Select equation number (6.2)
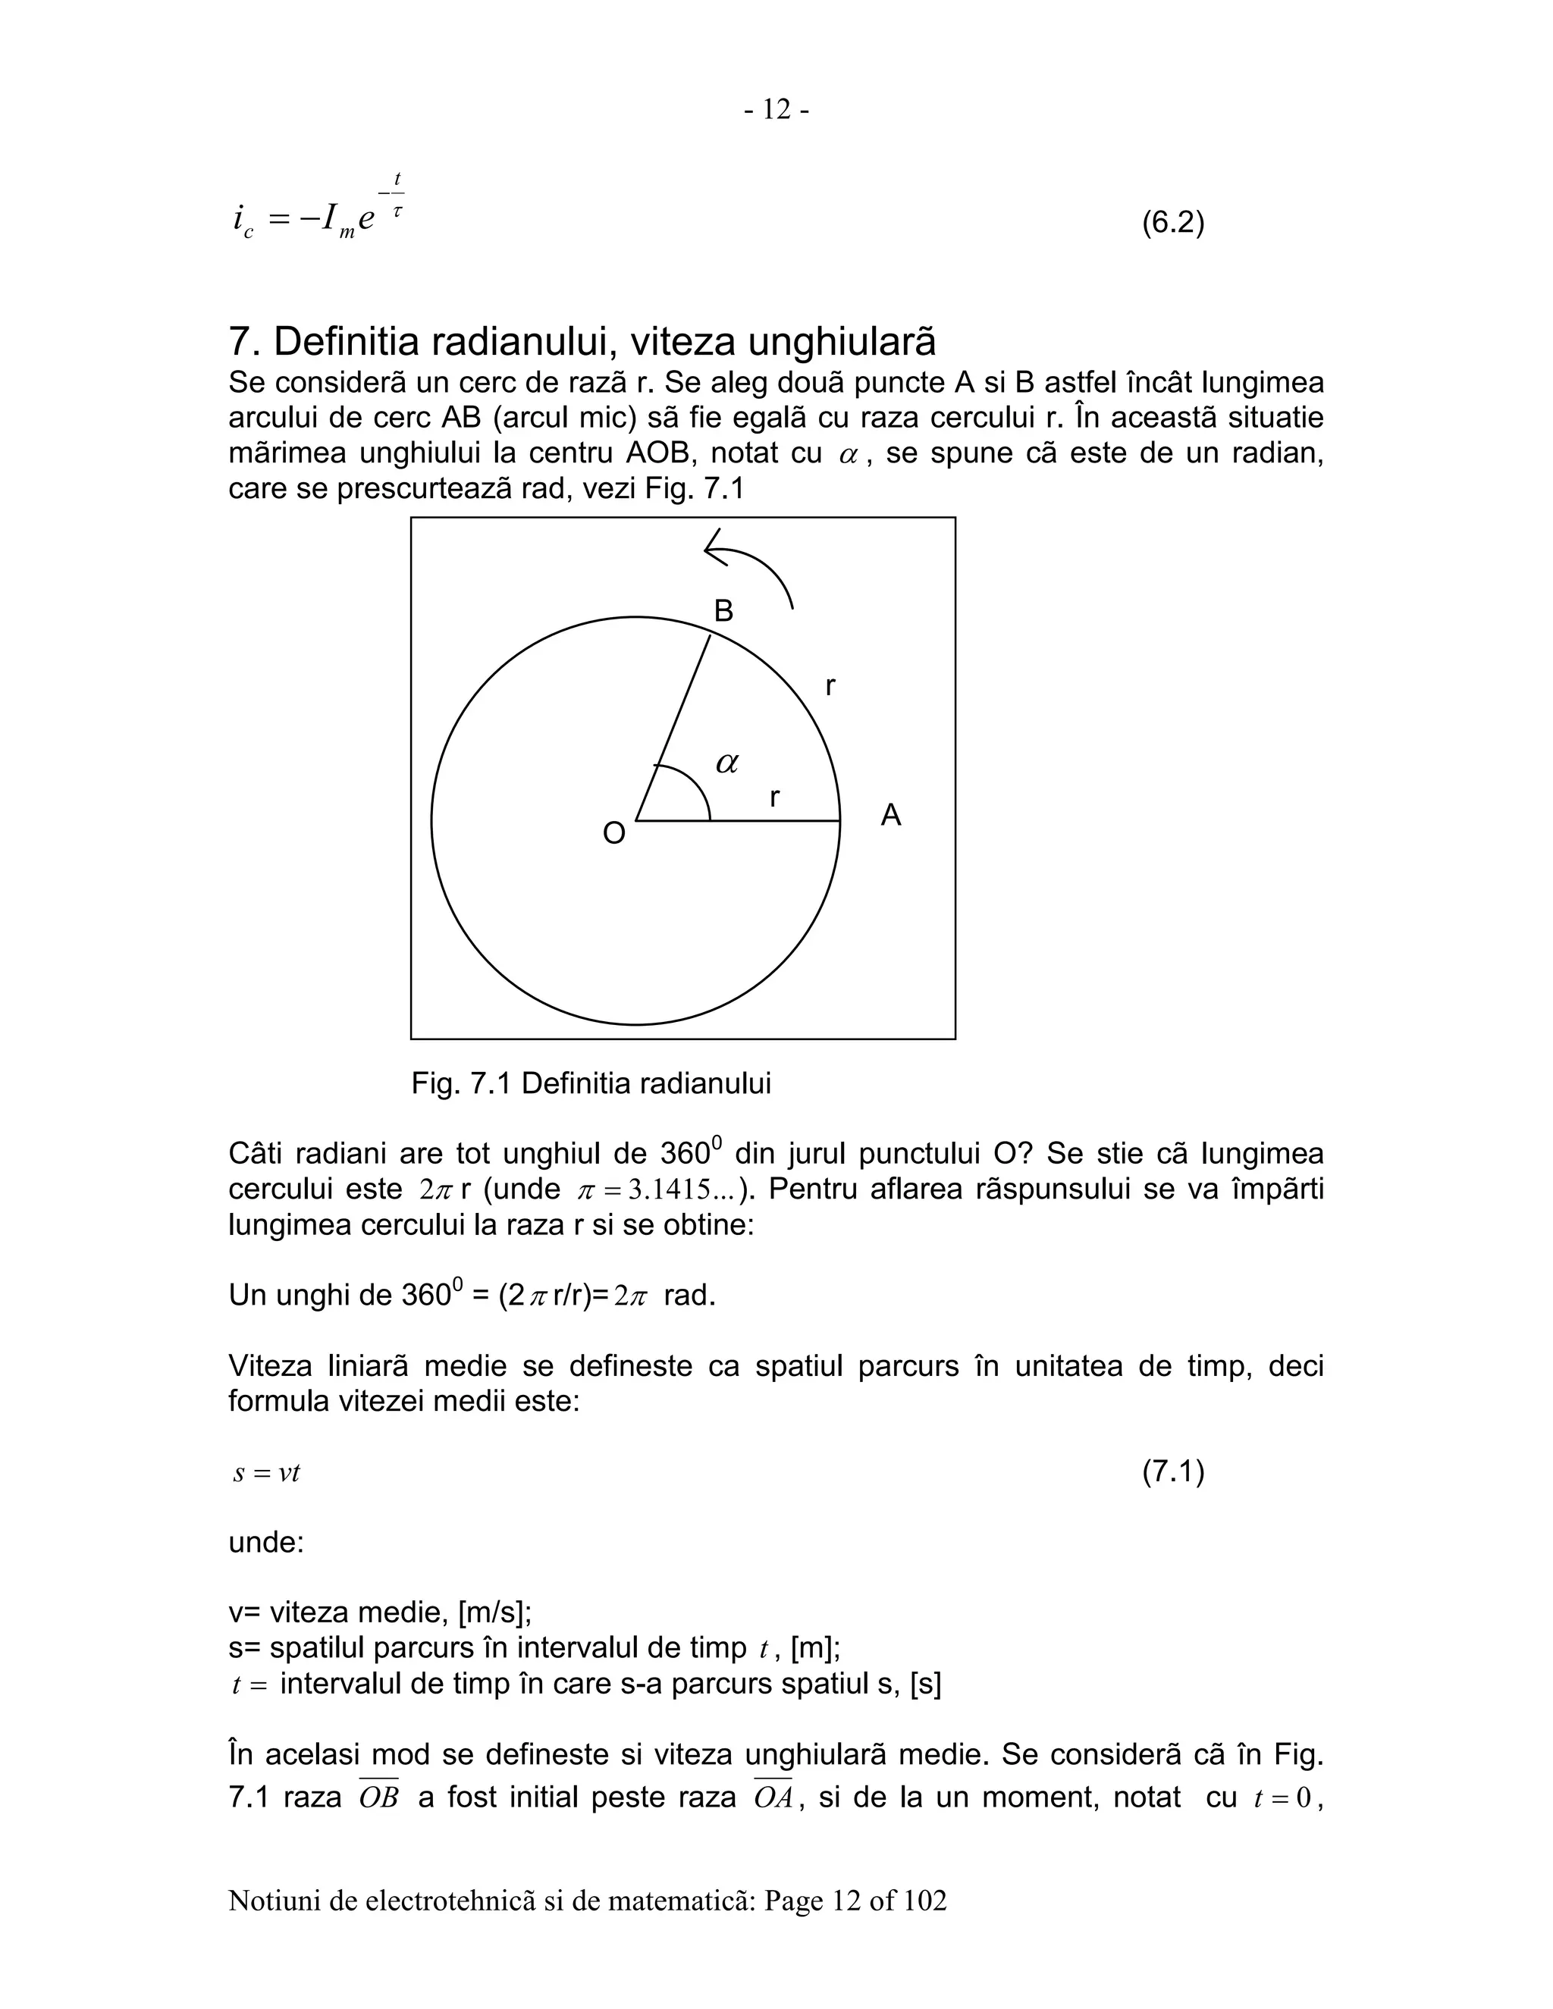point(1173,223)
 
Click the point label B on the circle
point(724,611)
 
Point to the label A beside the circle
point(890,815)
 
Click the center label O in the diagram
point(613,833)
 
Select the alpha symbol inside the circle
point(726,763)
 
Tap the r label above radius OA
point(775,797)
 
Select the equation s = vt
point(267,1473)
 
